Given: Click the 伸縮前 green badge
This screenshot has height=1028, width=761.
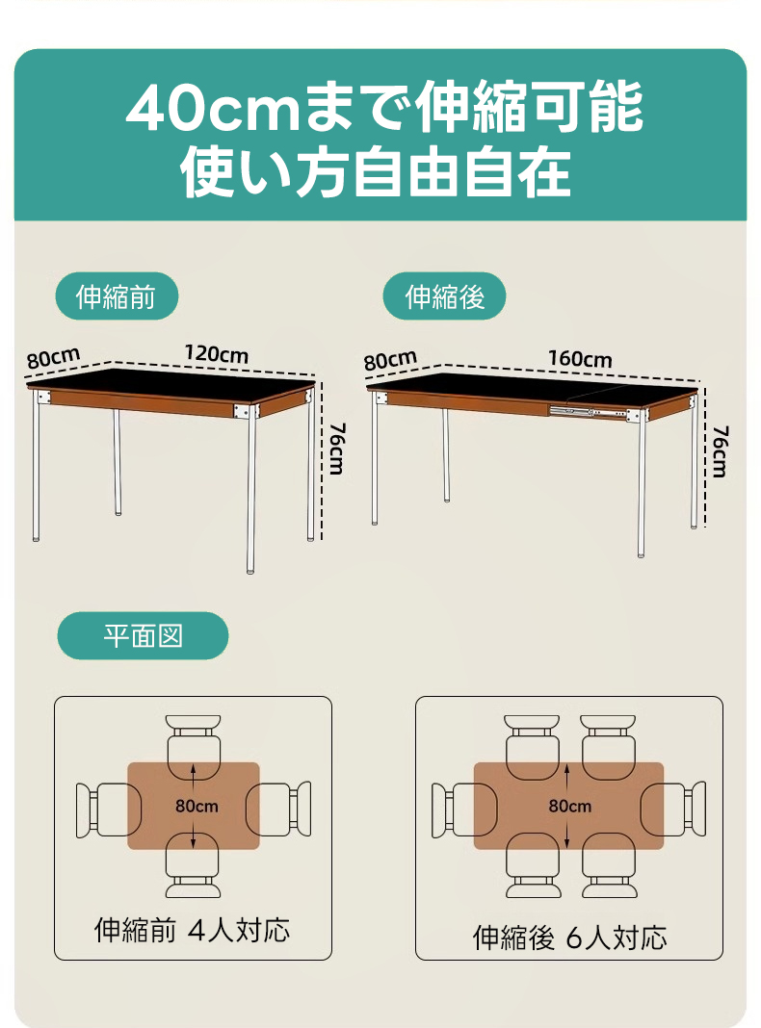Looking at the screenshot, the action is click(x=117, y=296).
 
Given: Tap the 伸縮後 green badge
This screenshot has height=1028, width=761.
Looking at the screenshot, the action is click(x=444, y=296).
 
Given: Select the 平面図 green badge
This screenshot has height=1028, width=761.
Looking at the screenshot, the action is click(x=143, y=635).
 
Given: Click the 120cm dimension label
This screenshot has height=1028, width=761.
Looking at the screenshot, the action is click(x=217, y=354).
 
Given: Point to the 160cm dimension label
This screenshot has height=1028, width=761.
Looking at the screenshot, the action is click(x=580, y=359).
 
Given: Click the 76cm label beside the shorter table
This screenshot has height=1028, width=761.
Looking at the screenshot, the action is click(x=337, y=449).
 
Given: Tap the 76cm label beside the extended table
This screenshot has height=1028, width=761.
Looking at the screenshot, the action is click(x=721, y=451).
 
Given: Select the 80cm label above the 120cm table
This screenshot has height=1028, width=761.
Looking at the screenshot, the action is click(x=53, y=358).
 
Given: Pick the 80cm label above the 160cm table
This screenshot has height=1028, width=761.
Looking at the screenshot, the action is click(x=390, y=360).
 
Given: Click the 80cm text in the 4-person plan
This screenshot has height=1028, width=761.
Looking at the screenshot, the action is click(x=197, y=806).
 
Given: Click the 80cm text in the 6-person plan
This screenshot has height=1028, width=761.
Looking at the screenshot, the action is click(x=570, y=806).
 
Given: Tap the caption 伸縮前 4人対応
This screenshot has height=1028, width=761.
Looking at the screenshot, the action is click(x=193, y=930).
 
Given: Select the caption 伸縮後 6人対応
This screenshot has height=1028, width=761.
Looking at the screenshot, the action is click(x=569, y=938).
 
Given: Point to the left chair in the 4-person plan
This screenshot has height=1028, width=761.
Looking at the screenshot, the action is click(x=109, y=810).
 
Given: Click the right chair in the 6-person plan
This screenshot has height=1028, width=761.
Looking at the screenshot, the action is click(x=673, y=810).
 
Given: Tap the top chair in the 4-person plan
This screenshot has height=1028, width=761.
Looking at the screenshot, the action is click(x=194, y=748).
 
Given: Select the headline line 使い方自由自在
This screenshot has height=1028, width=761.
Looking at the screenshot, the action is click(x=376, y=173).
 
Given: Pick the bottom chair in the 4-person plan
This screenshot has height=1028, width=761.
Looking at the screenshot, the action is click(x=194, y=865).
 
